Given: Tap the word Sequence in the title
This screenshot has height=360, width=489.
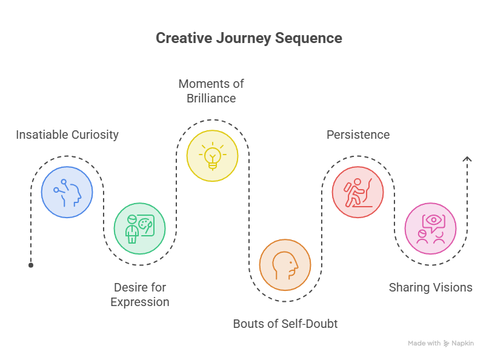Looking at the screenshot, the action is [x=308, y=38].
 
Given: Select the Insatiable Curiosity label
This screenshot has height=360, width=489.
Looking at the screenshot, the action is [x=67, y=135].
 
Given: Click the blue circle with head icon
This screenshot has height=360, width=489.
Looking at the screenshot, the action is [x=67, y=192].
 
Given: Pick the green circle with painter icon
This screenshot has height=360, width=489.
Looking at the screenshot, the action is [x=140, y=228].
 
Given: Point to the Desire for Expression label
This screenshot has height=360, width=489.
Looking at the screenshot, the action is [x=140, y=295].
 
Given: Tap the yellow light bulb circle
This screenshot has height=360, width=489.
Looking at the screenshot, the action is [x=212, y=156].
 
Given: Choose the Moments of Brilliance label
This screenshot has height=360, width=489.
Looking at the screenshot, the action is [x=211, y=91].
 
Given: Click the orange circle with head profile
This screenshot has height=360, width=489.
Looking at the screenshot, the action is [x=285, y=265].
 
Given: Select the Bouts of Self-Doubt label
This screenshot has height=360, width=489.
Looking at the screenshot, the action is [x=285, y=324].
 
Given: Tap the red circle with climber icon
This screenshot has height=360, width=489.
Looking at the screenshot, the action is [x=358, y=192].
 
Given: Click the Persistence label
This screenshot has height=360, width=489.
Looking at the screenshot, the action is [x=358, y=135].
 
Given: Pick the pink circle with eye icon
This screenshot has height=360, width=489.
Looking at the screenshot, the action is [x=431, y=228].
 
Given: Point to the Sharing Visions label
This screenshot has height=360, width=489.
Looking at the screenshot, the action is [x=431, y=287].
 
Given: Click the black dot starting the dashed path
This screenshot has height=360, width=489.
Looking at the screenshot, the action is [x=31, y=265].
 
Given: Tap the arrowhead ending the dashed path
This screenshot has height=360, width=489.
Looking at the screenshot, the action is [x=467, y=159].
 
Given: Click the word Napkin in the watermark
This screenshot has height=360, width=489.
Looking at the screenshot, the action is [x=463, y=343].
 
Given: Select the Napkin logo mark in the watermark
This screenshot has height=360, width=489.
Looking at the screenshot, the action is [x=446, y=344].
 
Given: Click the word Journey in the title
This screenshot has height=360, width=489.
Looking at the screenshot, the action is [x=244, y=38].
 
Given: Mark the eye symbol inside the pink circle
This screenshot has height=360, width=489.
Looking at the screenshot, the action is [x=433, y=220].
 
